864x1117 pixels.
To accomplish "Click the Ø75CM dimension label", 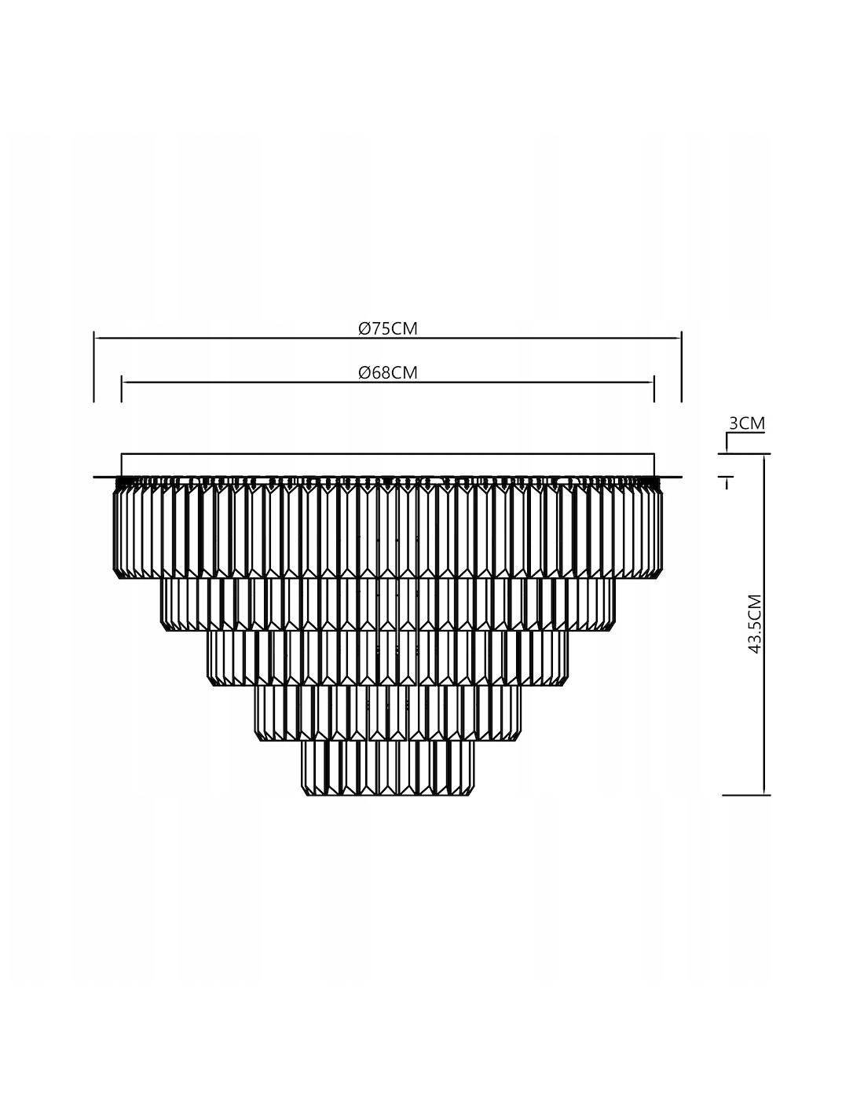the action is [x=387, y=328].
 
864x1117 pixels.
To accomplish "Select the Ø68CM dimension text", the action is [x=387, y=372].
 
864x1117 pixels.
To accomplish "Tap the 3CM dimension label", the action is [x=747, y=423].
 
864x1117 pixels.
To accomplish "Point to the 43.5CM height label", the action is [x=755, y=624].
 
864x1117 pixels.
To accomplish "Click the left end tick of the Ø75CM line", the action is [x=94, y=367].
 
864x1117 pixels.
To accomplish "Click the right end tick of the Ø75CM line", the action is [x=682, y=367].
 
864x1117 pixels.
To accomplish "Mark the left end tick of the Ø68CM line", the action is [x=121, y=389].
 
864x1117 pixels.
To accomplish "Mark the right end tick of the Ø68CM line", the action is [x=654, y=389].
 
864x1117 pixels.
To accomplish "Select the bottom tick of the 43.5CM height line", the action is [x=746, y=795].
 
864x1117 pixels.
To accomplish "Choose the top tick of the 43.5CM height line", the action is [x=745, y=454].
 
